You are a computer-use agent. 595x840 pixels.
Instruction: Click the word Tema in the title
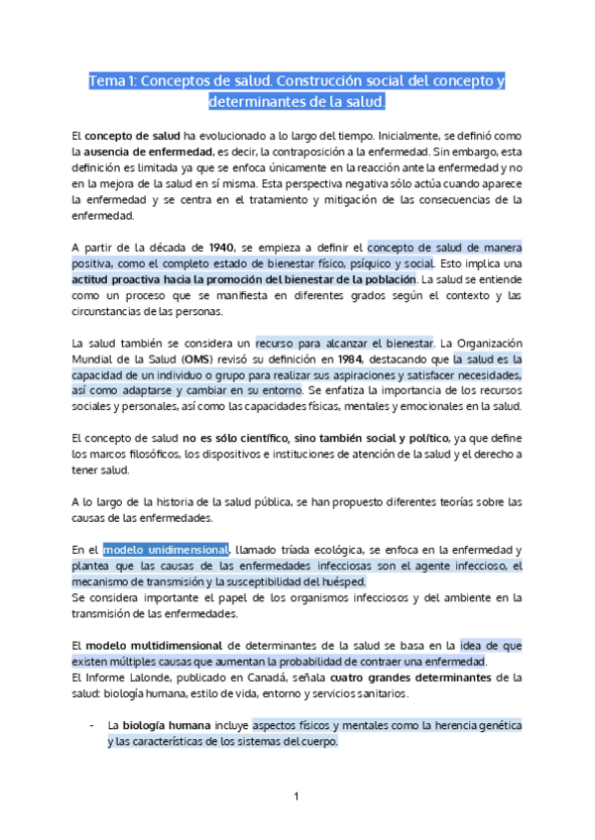point(105,80)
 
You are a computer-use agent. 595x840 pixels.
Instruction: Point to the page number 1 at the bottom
point(297,796)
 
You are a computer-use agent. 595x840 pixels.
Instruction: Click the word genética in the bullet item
point(498,726)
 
